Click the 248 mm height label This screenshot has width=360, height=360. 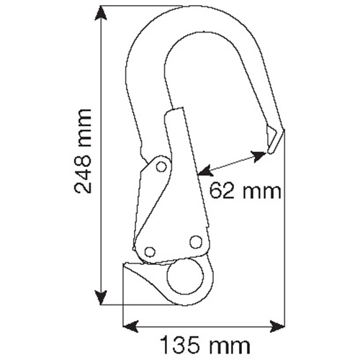[x=84, y=152]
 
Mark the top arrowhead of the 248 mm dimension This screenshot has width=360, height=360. [x=102, y=15]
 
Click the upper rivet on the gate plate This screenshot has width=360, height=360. [x=161, y=167]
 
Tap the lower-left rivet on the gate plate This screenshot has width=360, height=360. [x=150, y=251]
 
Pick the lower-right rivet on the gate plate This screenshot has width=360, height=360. [x=194, y=243]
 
